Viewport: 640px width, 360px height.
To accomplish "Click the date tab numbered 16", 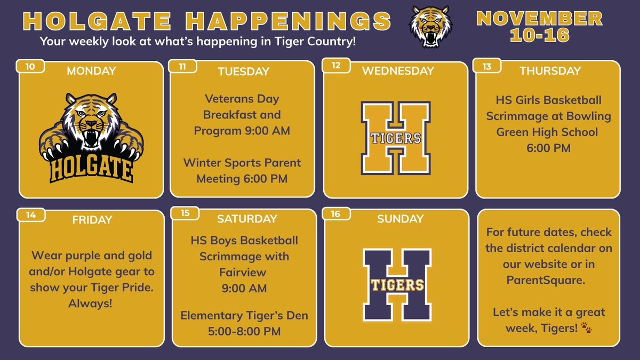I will (x=336, y=214).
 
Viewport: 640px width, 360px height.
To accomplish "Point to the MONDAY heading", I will (x=91, y=71).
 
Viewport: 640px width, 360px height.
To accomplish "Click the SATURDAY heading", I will (x=247, y=219).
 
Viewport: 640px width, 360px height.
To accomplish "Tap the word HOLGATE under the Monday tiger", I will (x=91, y=169).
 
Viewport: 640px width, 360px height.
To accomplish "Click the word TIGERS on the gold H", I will (x=396, y=138).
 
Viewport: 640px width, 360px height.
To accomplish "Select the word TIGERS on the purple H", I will (x=396, y=284).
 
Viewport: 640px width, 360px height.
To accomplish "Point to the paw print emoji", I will (x=587, y=327).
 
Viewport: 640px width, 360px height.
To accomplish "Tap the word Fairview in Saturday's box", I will (x=244, y=273).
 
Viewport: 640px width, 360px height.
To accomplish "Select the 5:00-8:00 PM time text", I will (x=244, y=331).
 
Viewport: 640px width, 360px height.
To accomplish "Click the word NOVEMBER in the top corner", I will (x=539, y=19).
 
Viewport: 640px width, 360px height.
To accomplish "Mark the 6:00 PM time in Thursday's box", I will (x=548, y=148).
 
